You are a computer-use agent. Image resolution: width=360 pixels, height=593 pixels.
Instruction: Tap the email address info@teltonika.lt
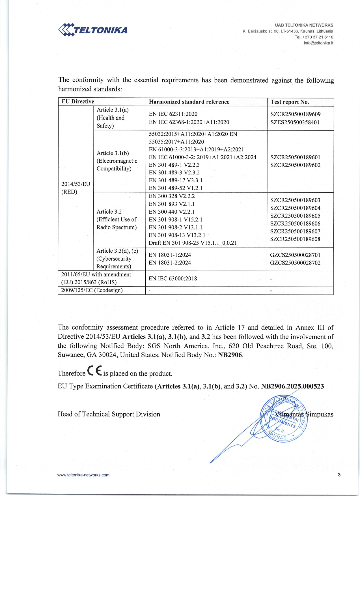pyautogui.click(x=318, y=43)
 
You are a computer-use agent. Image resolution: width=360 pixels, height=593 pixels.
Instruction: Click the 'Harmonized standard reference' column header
pyautogui.click(x=189, y=102)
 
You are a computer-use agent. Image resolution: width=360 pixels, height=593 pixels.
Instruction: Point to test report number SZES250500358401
pyautogui.click(x=295, y=122)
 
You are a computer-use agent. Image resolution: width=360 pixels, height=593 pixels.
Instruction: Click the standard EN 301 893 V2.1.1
pyautogui.click(x=172, y=204)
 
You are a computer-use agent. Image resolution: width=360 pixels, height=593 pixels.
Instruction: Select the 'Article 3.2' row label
pyautogui.click(x=109, y=212)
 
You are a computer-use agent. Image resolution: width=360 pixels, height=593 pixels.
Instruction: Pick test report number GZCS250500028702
pyautogui.click(x=295, y=263)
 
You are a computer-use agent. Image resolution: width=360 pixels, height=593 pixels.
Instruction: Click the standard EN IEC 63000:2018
pyautogui.click(x=173, y=278)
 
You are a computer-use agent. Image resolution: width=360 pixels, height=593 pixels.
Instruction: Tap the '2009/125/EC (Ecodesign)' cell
pyautogui.click(x=92, y=290)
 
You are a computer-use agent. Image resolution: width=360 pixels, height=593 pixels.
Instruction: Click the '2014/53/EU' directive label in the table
pyautogui.click(x=76, y=184)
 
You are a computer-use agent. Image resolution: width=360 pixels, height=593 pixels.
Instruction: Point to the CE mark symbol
pyautogui.click(x=94, y=371)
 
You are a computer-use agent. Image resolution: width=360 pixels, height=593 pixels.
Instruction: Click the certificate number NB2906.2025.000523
pyautogui.click(x=292, y=386)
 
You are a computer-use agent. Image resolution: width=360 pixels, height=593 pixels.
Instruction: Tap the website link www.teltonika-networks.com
pyautogui.click(x=83, y=475)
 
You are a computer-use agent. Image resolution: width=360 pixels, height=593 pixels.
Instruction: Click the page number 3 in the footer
pyautogui.click(x=339, y=475)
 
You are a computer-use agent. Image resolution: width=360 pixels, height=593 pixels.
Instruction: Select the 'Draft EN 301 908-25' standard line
pyautogui.click(x=193, y=243)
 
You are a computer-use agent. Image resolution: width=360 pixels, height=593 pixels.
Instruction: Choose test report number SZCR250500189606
pyautogui.click(x=295, y=224)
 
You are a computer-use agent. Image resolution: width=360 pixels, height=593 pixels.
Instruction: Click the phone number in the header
pyautogui.click(x=314, y=37)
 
